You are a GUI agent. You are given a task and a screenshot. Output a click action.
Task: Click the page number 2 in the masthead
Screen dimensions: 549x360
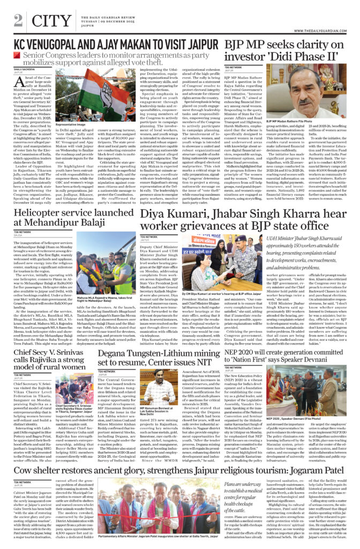click(x=18, y=19)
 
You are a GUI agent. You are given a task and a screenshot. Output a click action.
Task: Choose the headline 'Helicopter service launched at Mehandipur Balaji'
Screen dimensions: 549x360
click(x=69, y=219)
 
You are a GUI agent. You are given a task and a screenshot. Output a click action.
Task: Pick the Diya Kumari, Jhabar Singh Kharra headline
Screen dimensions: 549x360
click(x=246, y=219)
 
